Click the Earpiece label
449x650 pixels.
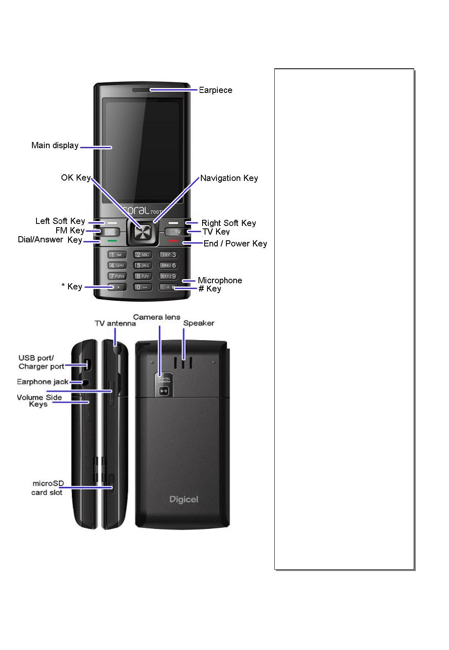pos(215,90)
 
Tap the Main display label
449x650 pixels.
pos(55,146)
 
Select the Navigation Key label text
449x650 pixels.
pos(229,178)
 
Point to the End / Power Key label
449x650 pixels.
pos(235,244)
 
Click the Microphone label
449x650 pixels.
pos(220,280)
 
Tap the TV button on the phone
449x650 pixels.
pos(177,232)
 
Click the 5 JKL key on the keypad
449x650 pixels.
pos(143,265)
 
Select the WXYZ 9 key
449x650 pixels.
pos(168,276)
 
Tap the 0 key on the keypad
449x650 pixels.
pos(142,287)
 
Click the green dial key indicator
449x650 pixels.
pos(112,241)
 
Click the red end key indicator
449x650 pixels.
pos(173,241)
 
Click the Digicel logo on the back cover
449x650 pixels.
pos(184,499)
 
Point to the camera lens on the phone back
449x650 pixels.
pos(164,391)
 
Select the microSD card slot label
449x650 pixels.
pos(48,488)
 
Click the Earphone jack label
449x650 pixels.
pos(43,382)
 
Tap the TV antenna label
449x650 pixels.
pos(115,323)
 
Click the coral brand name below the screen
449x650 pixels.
pos(136,210)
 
